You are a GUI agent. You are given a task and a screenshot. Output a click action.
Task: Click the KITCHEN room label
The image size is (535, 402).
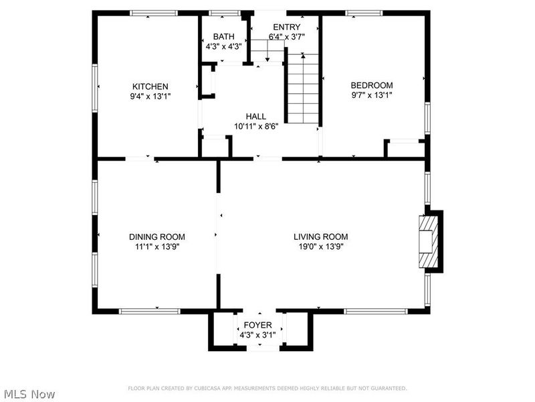pos(150,86)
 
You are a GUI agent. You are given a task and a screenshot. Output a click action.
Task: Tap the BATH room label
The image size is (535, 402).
pos(224,37)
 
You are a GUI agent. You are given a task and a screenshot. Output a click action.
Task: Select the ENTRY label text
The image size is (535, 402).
pos(287,27)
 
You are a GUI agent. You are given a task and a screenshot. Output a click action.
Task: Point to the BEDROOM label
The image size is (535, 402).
pos(372,85)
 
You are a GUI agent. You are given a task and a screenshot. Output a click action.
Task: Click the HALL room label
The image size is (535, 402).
pos(256,117)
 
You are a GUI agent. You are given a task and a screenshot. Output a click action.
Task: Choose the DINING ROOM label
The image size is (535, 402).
pos(157,237)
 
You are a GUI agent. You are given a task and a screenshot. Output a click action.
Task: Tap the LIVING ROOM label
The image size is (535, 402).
pos(321,237)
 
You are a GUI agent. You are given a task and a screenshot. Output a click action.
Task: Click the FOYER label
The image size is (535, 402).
pos(257,325)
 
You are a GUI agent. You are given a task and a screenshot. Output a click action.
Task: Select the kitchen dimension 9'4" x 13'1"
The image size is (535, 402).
pos(150,96)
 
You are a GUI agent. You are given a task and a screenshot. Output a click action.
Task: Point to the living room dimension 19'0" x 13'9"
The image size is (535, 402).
pos(321,247)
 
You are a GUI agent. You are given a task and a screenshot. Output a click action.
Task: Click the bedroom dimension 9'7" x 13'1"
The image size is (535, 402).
pos(372,95)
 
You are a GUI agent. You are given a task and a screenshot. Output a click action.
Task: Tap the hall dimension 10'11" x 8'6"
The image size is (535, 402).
pos(256,127)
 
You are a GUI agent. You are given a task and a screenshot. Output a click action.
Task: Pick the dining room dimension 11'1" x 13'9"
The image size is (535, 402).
pos(157,247)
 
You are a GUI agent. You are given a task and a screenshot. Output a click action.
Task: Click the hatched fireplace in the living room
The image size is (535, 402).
pos(429,241)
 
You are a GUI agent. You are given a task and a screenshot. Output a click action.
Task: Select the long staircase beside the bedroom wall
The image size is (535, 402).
pos(303,88)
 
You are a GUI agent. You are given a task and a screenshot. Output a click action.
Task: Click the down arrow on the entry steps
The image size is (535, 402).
pos(267,51)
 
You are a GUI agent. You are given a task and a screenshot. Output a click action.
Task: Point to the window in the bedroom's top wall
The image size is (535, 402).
pos(364,13)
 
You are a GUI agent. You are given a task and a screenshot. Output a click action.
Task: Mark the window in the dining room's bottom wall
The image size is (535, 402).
pos(149,311)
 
